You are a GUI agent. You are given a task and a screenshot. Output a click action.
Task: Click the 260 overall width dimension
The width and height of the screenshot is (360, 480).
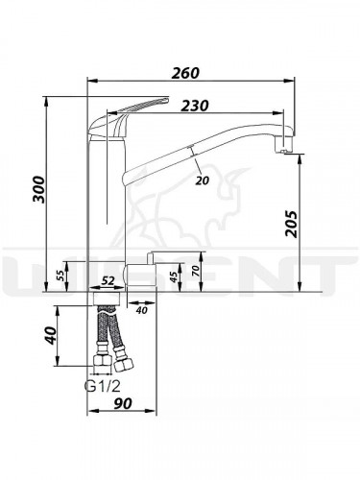pos(185,73)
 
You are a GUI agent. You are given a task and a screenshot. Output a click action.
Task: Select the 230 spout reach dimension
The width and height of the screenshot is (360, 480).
pos(195,106)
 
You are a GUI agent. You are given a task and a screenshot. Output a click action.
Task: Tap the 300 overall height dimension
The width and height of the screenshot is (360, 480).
pos(39,189)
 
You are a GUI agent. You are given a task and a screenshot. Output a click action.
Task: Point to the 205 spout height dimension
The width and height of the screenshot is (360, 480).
pos(291,224)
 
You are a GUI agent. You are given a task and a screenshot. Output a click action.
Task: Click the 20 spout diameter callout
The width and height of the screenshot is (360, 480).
pos(202,180)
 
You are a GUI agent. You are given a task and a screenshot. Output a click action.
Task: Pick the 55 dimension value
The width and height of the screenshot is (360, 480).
pos(60,275)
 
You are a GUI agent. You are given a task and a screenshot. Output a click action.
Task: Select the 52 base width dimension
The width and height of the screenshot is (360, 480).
pos(108,281)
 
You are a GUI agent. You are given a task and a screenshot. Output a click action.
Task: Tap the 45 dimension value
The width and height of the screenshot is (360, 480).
pos(174,276)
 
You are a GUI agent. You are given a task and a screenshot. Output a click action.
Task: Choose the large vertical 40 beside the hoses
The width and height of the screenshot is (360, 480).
pos(50,335)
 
